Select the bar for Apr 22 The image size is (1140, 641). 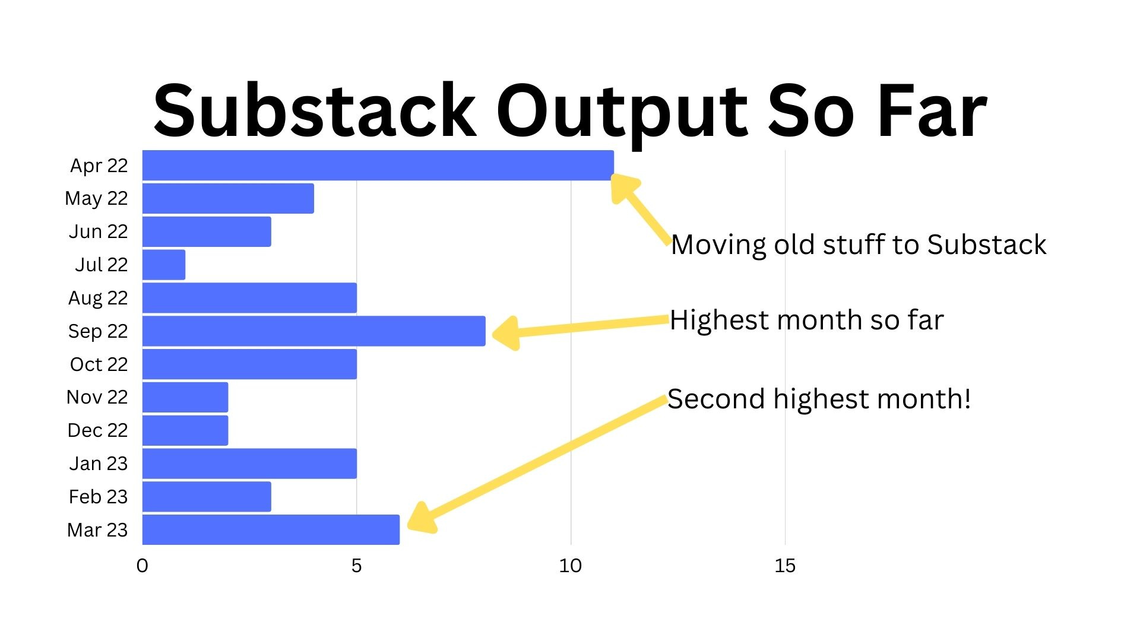[x=378, y=165]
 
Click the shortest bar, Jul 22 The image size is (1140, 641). [x=164, y=265]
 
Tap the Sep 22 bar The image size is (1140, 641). [x=313, y=331]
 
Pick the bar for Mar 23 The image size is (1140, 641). [x=271, y=529]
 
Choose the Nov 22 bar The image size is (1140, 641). [x=185, y=397]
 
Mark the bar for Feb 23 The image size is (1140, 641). [x=207, y=496]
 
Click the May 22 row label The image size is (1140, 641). [x=96, y=198]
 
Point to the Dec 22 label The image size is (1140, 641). [x=97, y=430]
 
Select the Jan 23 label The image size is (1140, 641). [x=98, y=464]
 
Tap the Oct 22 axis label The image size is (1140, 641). [x=99, y=364]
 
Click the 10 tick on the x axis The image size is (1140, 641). [x=570, y=566]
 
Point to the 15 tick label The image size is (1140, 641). [x=784, y=566]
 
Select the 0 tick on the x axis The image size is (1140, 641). [x=142, y=566]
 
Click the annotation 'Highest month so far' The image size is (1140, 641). [x=806, y=320]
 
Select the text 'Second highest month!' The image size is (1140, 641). [x=819, y=399]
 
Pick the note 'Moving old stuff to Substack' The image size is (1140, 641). [x=858, y=245]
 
